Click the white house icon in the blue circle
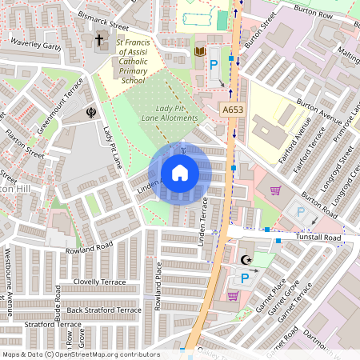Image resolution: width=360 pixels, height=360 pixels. [180, 173]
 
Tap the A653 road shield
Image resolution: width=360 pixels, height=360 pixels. [232, 108]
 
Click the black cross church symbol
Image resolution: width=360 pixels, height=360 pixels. [100, 40]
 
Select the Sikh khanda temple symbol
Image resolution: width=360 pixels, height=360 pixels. [90, 114]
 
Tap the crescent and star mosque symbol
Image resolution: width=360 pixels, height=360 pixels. [245, 259]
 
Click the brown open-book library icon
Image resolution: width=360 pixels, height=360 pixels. [200, 53]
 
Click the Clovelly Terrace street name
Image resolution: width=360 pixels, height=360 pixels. [98, 282]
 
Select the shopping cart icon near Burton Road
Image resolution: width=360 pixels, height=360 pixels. [276, 190]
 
